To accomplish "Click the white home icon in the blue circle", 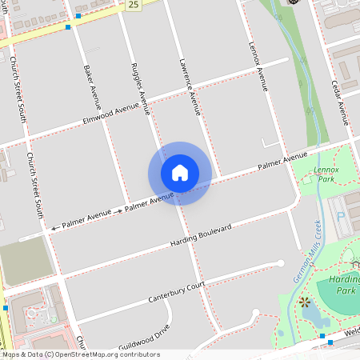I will coord(180,173).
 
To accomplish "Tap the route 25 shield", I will coord(132,5).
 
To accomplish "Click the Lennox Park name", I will coord(326,174).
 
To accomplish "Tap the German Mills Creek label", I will coord(307,252).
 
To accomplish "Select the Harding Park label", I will coord(347,285).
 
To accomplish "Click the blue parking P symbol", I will coord(342,216).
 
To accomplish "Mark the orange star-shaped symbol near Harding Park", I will coord(304,302).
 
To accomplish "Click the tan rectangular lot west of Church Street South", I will coord(26,260).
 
